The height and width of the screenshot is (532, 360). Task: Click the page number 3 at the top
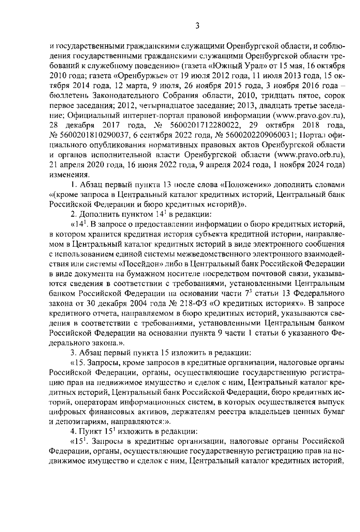[x=197, y=26]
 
